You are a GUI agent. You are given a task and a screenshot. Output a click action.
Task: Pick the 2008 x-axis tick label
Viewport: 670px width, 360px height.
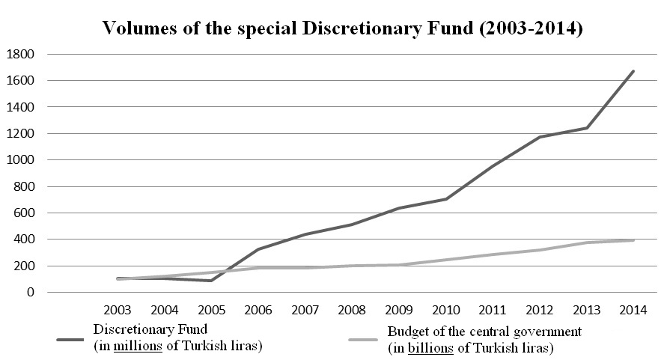[353, 309]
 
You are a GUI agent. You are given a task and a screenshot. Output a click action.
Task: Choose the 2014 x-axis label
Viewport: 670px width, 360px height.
[634, 309]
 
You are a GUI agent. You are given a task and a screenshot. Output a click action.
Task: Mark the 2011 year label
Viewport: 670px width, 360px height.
[494, 309]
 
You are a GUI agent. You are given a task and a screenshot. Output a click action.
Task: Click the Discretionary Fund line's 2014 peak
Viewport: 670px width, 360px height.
[634, 72]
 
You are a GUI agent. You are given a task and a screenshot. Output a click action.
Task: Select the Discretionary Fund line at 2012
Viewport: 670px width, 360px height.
[540, 137]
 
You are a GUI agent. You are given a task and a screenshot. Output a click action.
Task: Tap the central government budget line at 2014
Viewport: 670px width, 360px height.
[634, 240]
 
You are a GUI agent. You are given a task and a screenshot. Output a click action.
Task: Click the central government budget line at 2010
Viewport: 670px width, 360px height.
[447, 260]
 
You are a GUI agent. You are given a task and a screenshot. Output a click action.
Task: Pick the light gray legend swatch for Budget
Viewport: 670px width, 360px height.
[366, 339]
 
